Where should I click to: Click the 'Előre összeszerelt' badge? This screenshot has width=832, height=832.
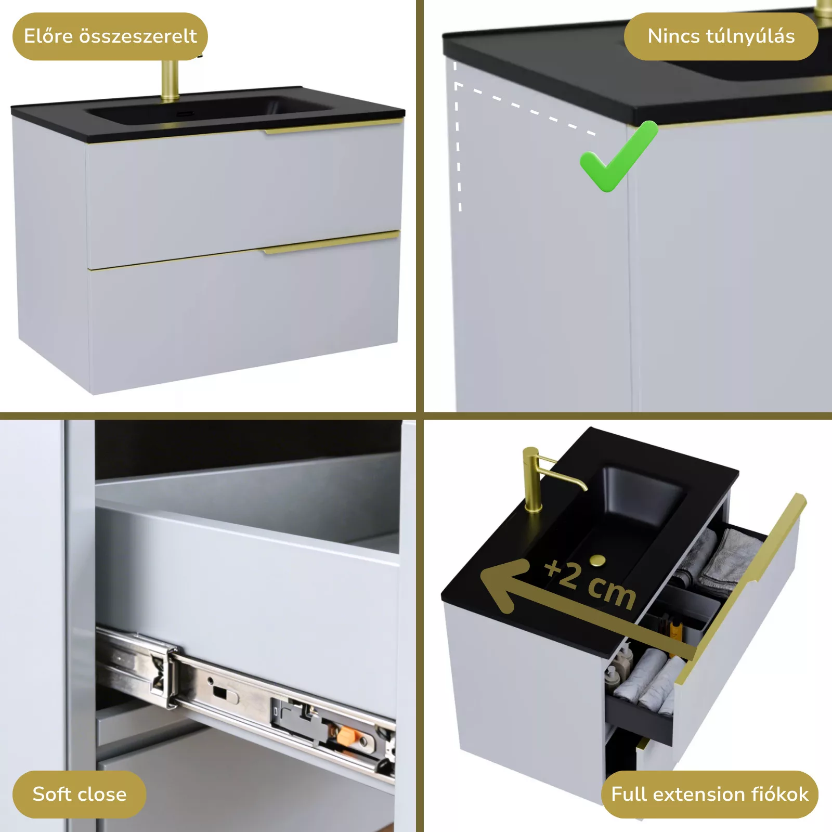pyautogui.click(x=110, y=36)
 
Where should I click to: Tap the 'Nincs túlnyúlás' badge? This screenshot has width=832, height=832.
pyautogui.click(x=721, y=36)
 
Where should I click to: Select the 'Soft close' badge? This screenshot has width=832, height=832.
pyautogui.click(x=80, y=794)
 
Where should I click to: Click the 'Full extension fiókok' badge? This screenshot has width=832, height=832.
pyautogui.click(x=710, y=794)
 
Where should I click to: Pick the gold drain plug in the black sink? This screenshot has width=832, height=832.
pyautogui.click(x=597, y=560)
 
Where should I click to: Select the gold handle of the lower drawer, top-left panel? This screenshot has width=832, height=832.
pyautogui.click(x=331, y=243)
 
